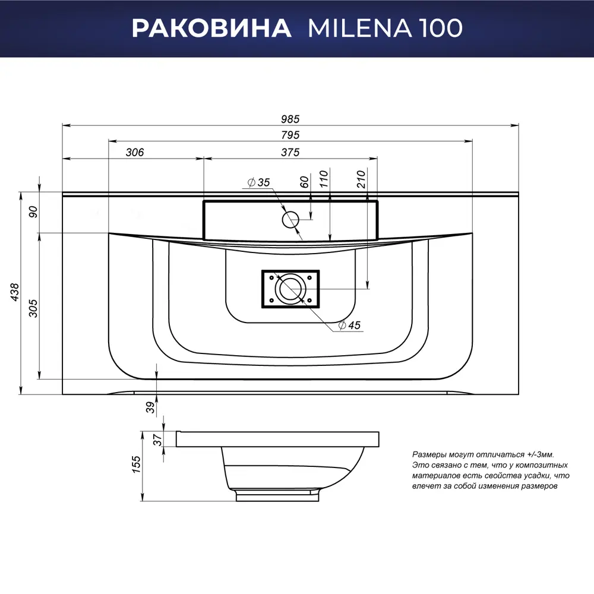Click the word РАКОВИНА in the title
tap(211, 28)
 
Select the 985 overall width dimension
tap(290, 118)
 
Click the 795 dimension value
tap(290, 135)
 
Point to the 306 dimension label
tap(135, 152)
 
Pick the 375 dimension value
tap(290, 152)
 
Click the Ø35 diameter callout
tap(258, 182)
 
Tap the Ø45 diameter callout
tap(350, 325)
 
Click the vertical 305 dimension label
tap(34, 307)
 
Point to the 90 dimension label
tap(34, 211)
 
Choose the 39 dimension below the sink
tap(151, 407)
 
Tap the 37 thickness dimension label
tap(158, 439)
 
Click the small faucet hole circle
tap(290, 220)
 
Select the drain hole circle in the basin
tap(291, 289)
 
